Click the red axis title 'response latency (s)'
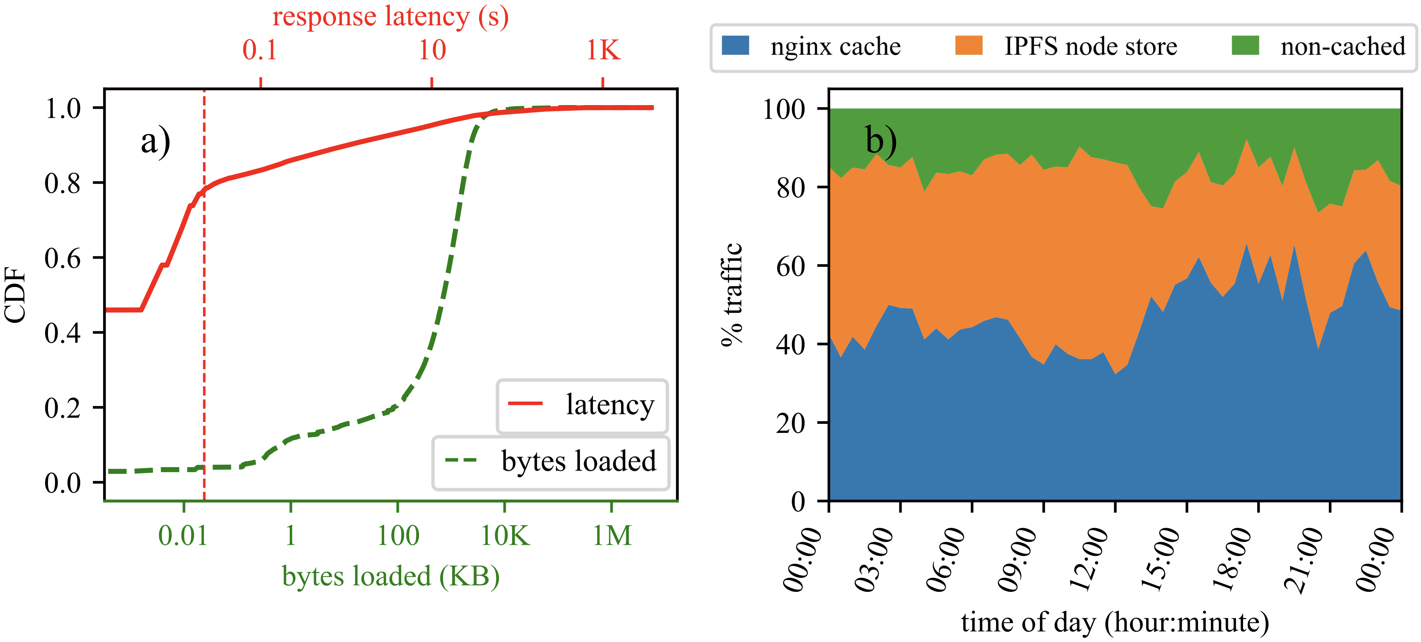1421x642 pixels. point(390,17)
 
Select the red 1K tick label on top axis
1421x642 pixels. point(603,50)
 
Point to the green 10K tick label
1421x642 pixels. point(505,535)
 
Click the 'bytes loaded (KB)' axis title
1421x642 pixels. point(391,576)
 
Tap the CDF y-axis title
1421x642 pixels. point(15,295)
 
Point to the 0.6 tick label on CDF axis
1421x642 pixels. point(62,258)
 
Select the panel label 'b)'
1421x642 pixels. point(880,140)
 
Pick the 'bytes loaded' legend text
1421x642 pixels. point(579,462)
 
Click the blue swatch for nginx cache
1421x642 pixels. point(735,46)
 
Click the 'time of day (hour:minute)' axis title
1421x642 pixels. point(1115,623)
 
